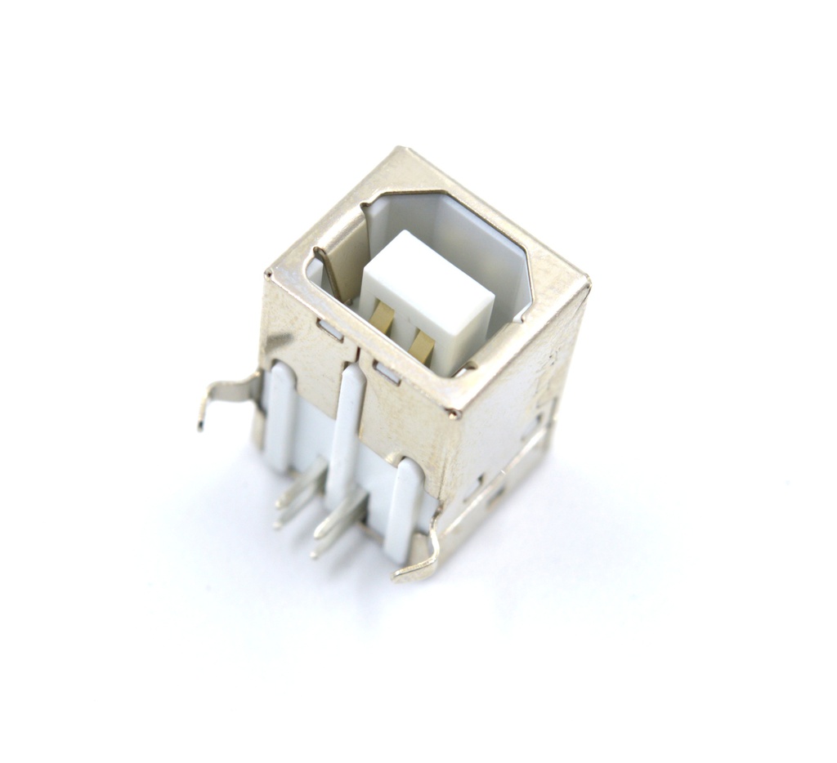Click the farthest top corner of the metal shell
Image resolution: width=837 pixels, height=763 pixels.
[x=400, y=149]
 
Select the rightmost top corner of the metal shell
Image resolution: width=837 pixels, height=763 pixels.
[x=587, y=283]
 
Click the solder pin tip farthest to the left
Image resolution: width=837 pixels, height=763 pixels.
[x=277, y=523]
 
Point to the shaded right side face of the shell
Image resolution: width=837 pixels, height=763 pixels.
[x=523, y=392]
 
